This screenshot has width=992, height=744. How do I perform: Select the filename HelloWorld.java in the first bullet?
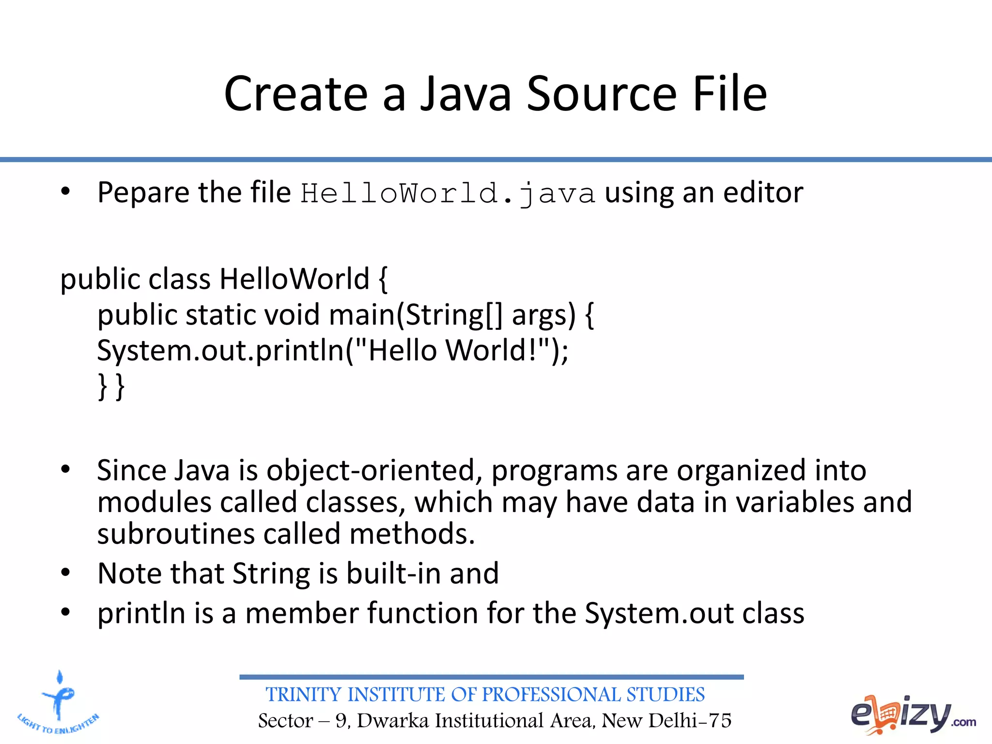[x=448, y=193]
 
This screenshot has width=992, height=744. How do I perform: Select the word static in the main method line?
[x=221, y=315]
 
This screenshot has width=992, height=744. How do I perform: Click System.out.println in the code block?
[x=220, y=351]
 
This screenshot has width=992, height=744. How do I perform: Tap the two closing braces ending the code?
[x=111, y=386]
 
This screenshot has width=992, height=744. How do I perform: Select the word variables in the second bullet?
[x=795, y=502]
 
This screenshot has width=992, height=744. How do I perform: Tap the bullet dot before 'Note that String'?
[x=65, y=573]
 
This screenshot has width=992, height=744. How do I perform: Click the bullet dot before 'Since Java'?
[x=65, y=469]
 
